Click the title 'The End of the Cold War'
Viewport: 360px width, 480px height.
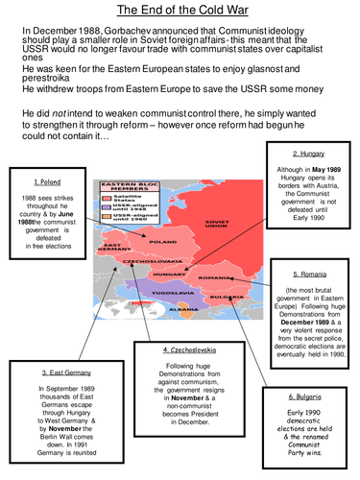point(179,11)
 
